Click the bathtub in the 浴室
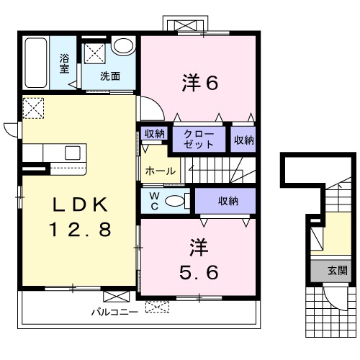click(x=36, y=63)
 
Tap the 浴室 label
click(x=64, y=63)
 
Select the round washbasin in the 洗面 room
click(x=123, y=45)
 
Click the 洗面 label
click(x=110, y=76)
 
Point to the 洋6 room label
click(x=200, y=83)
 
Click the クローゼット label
click(x=199, y=140)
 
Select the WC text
click(x=155, y=201)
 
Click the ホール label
click(x=161, y=171)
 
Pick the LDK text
click(x=80, y=204)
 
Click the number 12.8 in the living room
click(x=80, y=229)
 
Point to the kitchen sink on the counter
click(x=73, y=153)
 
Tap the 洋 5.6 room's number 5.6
click(x=199, y=272)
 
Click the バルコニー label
click(x=114, y=312)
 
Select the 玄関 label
click(x=338, y=271)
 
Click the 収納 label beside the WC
click(x=228, y=201)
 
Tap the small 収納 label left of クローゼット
click(x=155, y=133)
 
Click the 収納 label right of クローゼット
click(x=244, y=140)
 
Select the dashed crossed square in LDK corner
click(x=33, y=108)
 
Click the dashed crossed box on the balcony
click(x=157, y=307)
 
